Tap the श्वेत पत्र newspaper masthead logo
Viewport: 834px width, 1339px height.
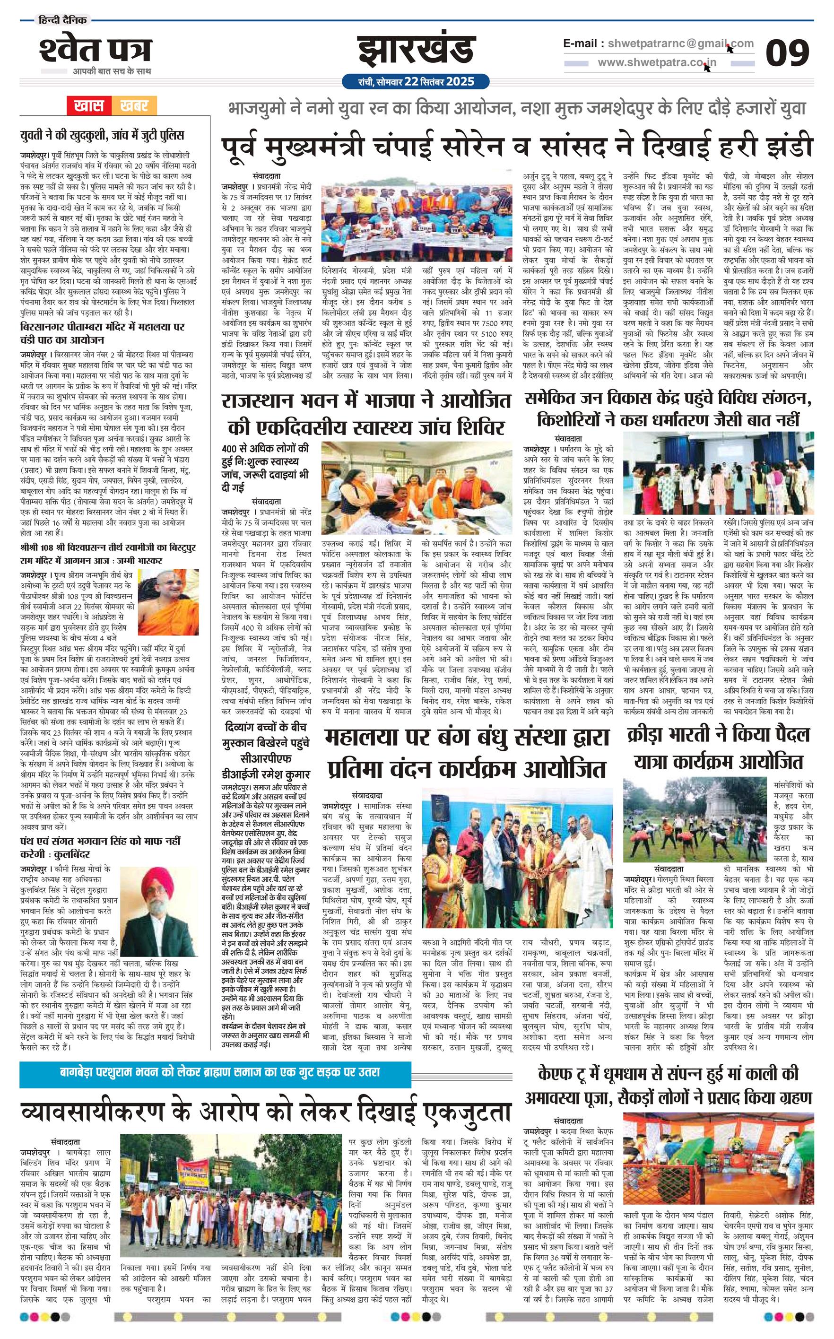click(95, 51)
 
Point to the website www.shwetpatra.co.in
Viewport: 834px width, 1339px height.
click(657, 63)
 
